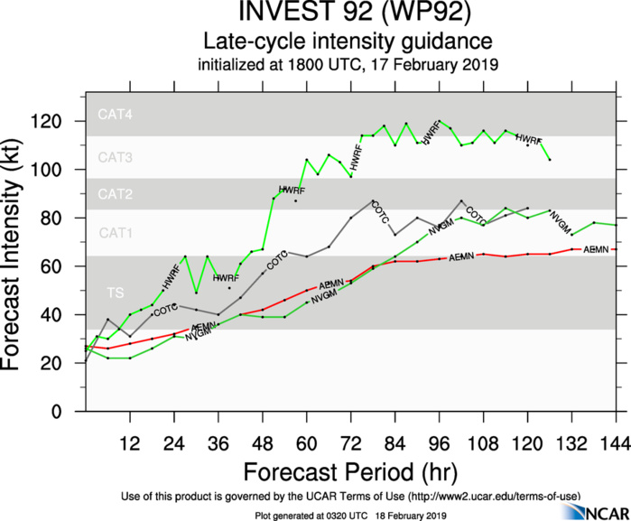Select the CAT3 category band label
(x=115, y=158)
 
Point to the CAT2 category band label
(x=115, y=194)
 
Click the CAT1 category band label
(x=115, y=233)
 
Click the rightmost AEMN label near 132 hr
(x=596, y=249)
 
